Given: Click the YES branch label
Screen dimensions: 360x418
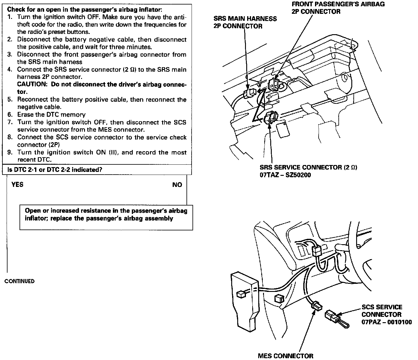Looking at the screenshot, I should click(x=17, y=184).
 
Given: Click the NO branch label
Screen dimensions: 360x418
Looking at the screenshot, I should click(x=177, y=185).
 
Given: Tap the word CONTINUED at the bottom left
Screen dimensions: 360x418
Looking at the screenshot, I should click(x=20, y=281).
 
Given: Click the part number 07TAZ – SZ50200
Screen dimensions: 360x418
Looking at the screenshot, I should click(x=285, y=175).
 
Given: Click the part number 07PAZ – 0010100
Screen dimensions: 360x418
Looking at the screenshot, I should click(x=386, y=322).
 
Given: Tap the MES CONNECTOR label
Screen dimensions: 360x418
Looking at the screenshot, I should click(x=285, y=356).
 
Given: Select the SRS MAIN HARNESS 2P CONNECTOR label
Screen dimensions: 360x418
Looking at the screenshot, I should click(x=245, y=22).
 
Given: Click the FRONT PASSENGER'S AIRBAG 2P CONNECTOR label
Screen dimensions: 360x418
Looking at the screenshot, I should click(x=338, y=8).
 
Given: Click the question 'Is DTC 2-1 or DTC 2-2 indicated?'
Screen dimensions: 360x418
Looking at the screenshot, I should click(x=55, y=170).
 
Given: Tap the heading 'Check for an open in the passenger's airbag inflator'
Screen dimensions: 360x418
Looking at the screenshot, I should click(x=85, y=9).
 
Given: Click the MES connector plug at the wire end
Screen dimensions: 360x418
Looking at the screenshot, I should click(x=317, y=306).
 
